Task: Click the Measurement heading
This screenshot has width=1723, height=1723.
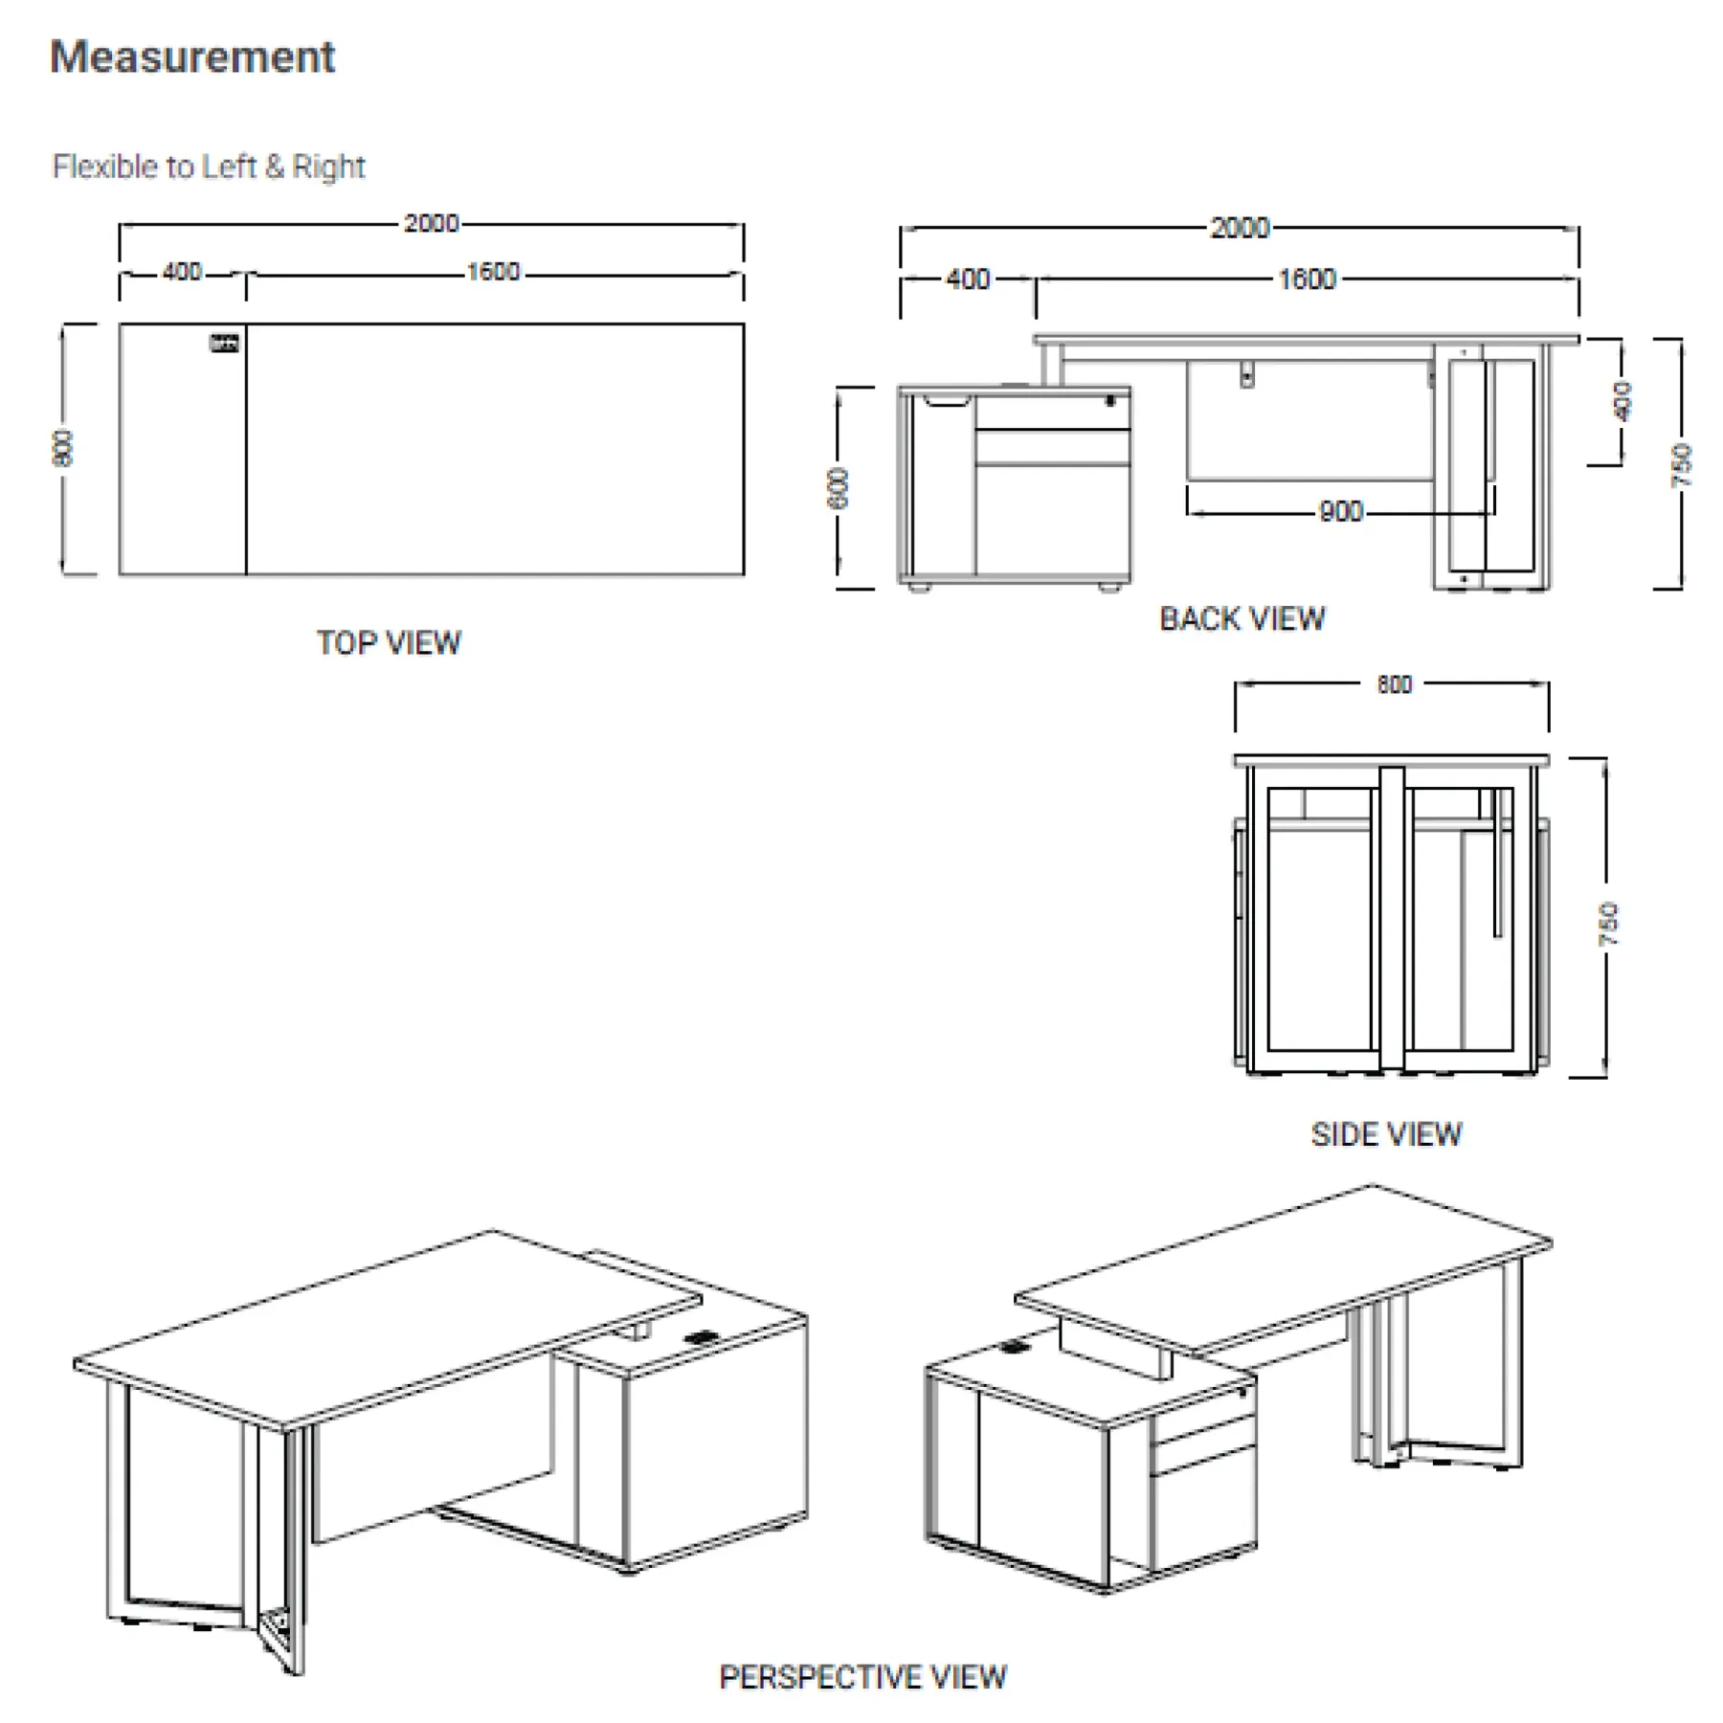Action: [192, 57]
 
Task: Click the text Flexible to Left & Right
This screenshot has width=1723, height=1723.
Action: [209, 167]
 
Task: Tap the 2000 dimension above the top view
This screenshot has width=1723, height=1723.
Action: [431, 223]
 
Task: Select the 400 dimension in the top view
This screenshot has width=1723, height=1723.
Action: [182, 273]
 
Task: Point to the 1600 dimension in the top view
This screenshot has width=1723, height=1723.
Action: [493, 273]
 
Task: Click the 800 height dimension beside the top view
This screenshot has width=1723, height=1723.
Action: [62, 448]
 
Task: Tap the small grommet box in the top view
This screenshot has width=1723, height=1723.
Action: [224, 344]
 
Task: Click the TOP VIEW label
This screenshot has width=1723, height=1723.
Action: [389, 642]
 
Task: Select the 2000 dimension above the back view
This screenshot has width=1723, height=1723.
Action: [1240, 228]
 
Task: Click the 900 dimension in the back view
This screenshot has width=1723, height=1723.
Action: [1340, 512]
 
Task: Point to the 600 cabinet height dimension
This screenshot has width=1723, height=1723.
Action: [838, 488]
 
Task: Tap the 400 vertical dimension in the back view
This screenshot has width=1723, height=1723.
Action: [1622, 401]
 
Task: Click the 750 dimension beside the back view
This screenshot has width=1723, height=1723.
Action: [1682, 465]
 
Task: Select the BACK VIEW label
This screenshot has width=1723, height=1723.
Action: [1242, 619]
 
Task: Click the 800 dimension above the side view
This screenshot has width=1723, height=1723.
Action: [1394, 684]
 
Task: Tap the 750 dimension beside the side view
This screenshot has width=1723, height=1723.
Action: [1608, 923]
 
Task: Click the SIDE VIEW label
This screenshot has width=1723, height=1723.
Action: [1386, 1134]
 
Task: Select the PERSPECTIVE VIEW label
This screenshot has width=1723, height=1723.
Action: [862, 1677]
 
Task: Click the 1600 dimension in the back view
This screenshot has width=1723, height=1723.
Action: [1307, 280]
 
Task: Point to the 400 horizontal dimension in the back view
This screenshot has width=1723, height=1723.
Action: [968, 280]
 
